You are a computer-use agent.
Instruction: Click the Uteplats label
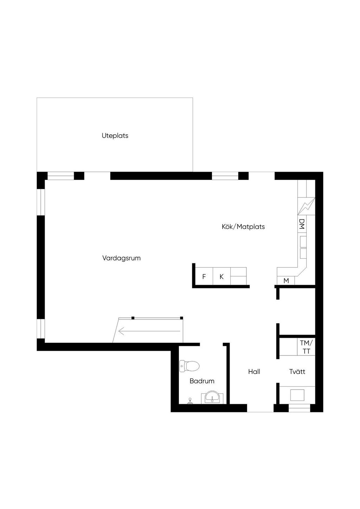pyautogui.click(x=115, y=136)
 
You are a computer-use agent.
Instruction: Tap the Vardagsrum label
pyautogui.click(x=121, y=258)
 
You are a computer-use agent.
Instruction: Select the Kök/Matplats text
pyautogui.click(x=243, y=226)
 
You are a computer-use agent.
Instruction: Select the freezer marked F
pyautogui.click(x=204, y=276)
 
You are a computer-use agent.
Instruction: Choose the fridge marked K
pyautogui.click(x=221, y=276)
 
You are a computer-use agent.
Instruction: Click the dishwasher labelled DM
pyautogui.click(x=302, y=224)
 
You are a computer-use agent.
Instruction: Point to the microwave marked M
pyautogui.click(x=286, y=281)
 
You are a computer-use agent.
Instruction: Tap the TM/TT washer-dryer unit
pyautogui.click(x=306, y=347)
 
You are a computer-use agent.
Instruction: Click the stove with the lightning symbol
pyautogui.click(x=306, y=206)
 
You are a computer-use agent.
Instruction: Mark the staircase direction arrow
pyautogui.click(x=149, y=331)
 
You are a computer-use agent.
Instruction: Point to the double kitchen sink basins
pyautogui.click(x=303, y=247)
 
